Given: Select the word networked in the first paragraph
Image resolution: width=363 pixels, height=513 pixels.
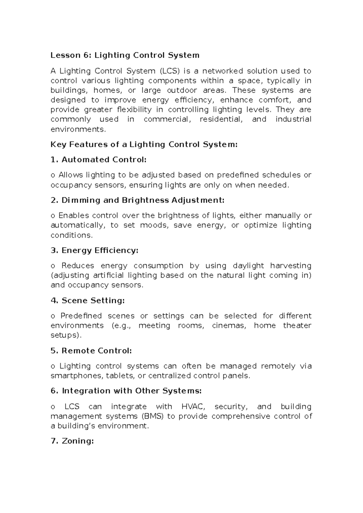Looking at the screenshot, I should tap(223, 71).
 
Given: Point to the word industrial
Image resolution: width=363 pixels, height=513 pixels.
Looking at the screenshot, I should tap(293, 119).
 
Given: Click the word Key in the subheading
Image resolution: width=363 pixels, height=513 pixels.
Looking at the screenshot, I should tap(58, 145).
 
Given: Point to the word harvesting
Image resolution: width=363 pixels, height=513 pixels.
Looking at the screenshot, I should tap(291, 266).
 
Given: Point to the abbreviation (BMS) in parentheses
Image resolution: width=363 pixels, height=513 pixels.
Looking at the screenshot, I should tap(152, 416).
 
